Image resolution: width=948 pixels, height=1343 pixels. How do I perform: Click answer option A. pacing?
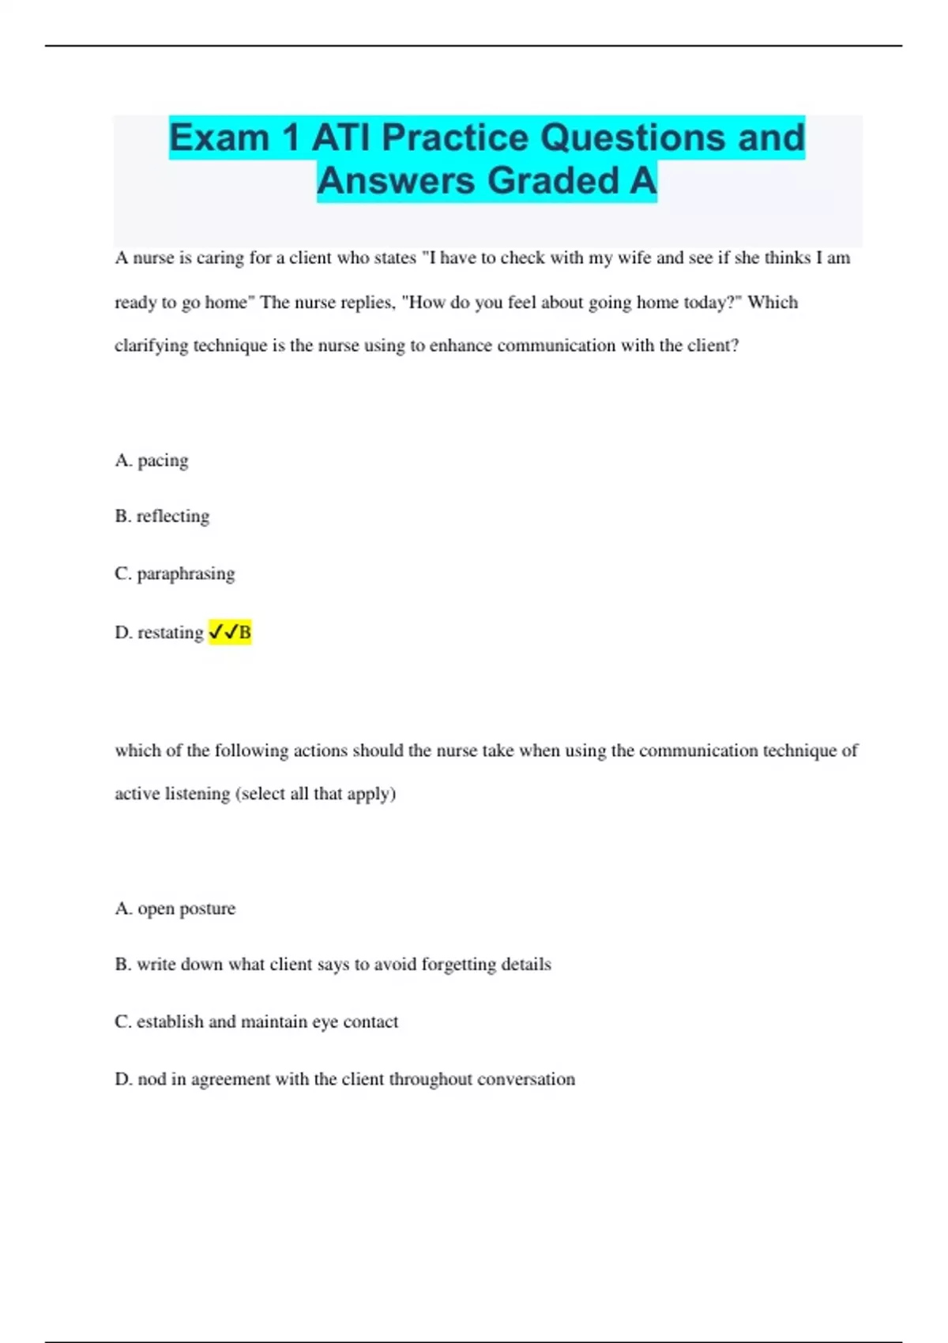(x=152, y=461)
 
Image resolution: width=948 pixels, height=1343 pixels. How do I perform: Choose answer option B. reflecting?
(x=162, y=517)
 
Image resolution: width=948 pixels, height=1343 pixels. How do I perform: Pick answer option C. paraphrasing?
(x=175, y=574)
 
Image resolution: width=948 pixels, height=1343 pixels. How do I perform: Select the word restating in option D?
(x=171, y=633)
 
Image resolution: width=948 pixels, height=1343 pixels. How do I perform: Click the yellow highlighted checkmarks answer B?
(x=230, y=632)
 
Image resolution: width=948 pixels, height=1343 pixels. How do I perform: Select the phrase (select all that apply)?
(x=316, y=794)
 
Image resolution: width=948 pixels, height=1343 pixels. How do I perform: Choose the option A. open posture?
(x=175, y=908)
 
